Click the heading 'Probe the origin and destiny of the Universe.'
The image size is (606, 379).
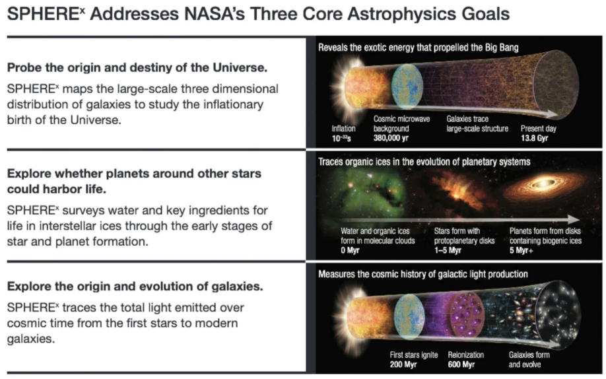[x=137, y=67]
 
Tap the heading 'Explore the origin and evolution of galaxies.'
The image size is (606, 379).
[x=135, y=287]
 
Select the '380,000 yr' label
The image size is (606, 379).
[x=391, y=138]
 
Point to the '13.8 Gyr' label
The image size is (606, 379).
[x=534, y=138]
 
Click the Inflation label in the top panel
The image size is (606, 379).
[x=343, y=128]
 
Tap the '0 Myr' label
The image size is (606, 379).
[x=350, y=250]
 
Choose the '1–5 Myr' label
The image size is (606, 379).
[x=448, y=250]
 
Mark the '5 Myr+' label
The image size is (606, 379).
[x=521, y=250]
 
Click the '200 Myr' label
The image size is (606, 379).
[x=403, y=364]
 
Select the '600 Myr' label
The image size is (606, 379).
[x=461, y=364]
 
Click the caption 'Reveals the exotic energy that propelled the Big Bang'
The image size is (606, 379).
[x=418, y=48]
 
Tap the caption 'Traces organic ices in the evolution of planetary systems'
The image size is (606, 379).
[x=424, y=162]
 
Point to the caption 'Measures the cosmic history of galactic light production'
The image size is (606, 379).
[x=422, y=274]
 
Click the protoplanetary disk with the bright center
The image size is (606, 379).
[x=543, y=186]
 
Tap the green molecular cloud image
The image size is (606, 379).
[x=365, y=193]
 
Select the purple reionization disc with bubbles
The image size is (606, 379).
[x=467, y=314]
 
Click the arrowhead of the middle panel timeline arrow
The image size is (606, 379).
[x=573, y=219]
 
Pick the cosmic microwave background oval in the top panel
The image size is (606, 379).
[x=407, y=85]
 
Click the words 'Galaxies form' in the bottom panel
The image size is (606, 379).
[x=529, y=355]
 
